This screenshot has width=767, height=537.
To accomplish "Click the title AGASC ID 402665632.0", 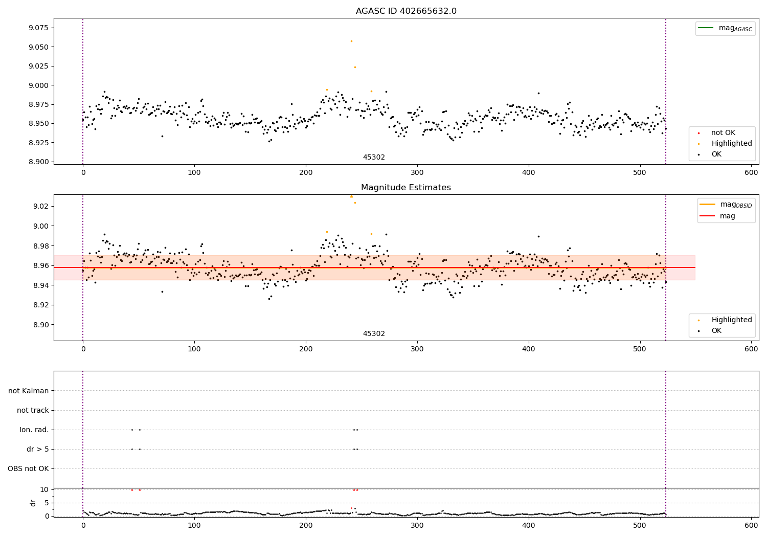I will [406, 11].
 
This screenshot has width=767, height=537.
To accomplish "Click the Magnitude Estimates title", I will [406, 188].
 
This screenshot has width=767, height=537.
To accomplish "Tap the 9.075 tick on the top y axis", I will [39, 28].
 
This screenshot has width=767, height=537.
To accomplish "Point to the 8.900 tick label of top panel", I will [39, 162].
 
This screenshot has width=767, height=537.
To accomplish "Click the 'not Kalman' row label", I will [29, 391].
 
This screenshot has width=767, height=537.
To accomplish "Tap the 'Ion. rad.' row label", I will [34, 430].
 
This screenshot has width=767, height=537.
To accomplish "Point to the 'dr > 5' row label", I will [38, 449].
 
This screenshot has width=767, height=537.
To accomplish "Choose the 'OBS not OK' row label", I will [29, 468].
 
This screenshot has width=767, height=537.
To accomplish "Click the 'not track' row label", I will [33, 410].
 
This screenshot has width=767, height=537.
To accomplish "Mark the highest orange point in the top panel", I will [351, 41].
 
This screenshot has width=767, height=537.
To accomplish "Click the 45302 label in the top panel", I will [374, 158].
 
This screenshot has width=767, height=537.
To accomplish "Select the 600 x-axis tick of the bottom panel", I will [751, 525].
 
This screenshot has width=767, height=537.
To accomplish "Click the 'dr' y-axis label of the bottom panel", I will [33, 503].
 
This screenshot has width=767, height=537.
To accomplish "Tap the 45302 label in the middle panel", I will [374, 334].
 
